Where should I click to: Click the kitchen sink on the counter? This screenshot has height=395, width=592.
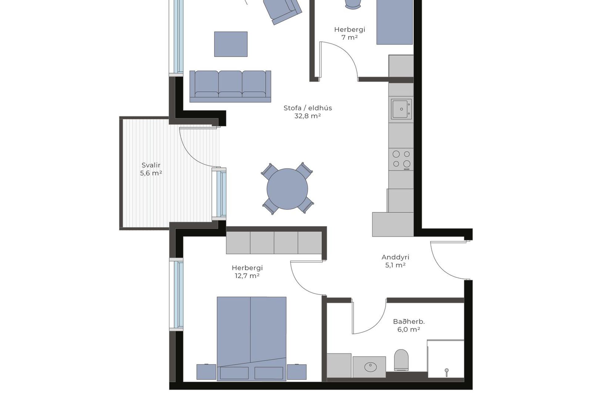point(401,109)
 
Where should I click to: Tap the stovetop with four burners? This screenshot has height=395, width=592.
point(401,159)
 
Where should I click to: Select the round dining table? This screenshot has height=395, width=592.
point(287,189)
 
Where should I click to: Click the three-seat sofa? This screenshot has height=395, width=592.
point(230,86)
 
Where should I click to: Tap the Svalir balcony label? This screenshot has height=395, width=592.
point(151,165)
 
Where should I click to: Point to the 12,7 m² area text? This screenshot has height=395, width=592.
point(247,276)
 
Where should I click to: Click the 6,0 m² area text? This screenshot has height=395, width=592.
point(409,329)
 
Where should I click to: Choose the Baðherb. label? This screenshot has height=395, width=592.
point(409,322)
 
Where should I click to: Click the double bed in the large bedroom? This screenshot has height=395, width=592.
point(252,339)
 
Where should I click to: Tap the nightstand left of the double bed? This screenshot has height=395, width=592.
point(207,372)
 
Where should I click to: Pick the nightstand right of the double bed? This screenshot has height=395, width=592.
point(297,372)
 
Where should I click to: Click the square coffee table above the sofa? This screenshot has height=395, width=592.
point(231,44)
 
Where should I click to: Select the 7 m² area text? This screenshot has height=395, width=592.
point(350,37)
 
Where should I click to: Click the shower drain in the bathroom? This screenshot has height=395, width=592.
point(446,370)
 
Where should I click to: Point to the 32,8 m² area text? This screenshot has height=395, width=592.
point(308,116)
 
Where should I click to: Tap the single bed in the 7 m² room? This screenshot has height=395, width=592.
point(395,22)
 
